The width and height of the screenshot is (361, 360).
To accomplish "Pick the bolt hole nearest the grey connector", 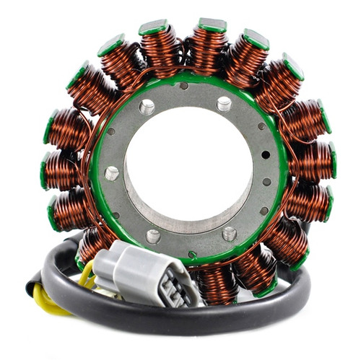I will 153,236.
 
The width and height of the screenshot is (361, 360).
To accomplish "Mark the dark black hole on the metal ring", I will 266,154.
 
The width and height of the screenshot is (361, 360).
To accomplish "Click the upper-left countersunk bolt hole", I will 147,107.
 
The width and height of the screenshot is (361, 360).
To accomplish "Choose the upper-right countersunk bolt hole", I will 225,105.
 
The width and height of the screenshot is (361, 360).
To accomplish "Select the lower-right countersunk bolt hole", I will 229,234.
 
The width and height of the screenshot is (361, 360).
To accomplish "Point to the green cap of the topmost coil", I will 212,25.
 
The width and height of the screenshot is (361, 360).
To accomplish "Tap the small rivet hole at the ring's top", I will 184,86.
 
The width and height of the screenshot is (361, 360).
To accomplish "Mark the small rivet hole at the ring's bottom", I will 192,254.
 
